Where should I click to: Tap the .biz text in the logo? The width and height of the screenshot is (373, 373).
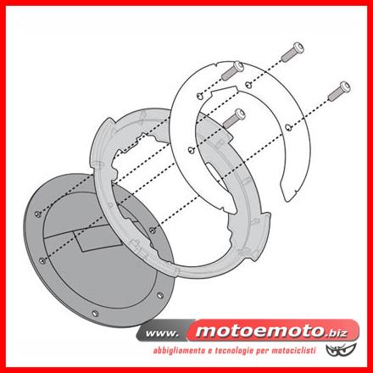(x=337, y=333)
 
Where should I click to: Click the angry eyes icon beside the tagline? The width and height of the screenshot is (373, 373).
(x=341, y=350)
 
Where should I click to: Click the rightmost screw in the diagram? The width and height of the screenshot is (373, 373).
(x=339, y=91)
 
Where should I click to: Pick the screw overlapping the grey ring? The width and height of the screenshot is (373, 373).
(x=234, y=119)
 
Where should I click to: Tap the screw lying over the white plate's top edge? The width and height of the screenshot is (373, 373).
(x=232, y=70)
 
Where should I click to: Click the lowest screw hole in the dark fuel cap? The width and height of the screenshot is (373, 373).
(x=95, y=314)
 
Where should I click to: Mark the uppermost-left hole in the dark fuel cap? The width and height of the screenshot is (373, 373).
(x=38, y=214)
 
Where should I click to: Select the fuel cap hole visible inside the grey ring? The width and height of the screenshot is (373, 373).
(x=153, y=231)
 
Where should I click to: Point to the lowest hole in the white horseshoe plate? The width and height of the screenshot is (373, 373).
(x=192, y=150)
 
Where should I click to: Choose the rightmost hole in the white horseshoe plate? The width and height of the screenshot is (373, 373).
(x=287, y=126)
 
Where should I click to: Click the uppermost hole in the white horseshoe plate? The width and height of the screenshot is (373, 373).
(x=248, y=83)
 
